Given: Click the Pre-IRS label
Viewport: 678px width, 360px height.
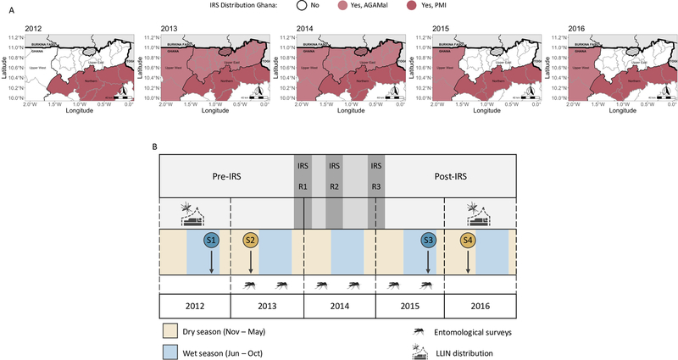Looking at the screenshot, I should (225, 180).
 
